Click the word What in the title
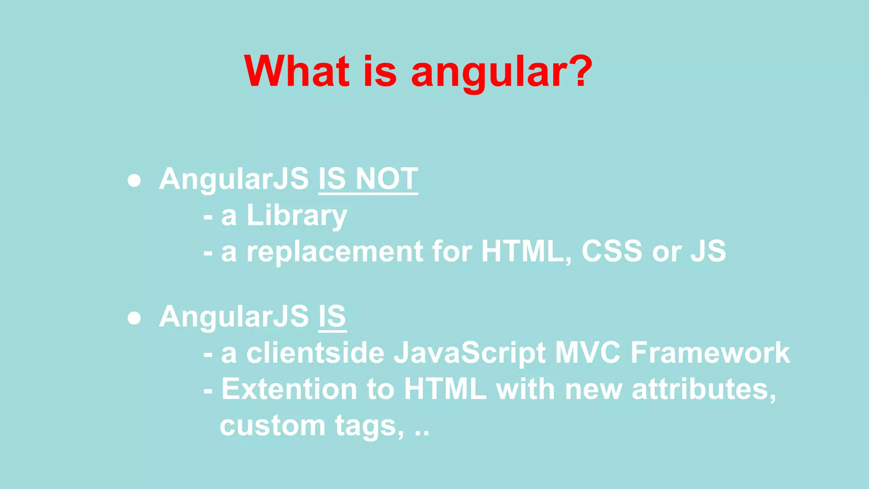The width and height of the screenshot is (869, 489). pyautogui.click(x=297, y=71)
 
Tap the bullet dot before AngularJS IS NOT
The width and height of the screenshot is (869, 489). pyautogui.click(x=134, y=180)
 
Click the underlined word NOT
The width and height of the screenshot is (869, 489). pyautogui.click(x=387, y=179)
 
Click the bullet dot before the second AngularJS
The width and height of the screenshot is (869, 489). pyautogui.click(x=134, y=318)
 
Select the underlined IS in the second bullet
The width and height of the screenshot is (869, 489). pyautogui.click(x=332, y=316)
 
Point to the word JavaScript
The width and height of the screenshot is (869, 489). pyautogui.click(x=469, y=354)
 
